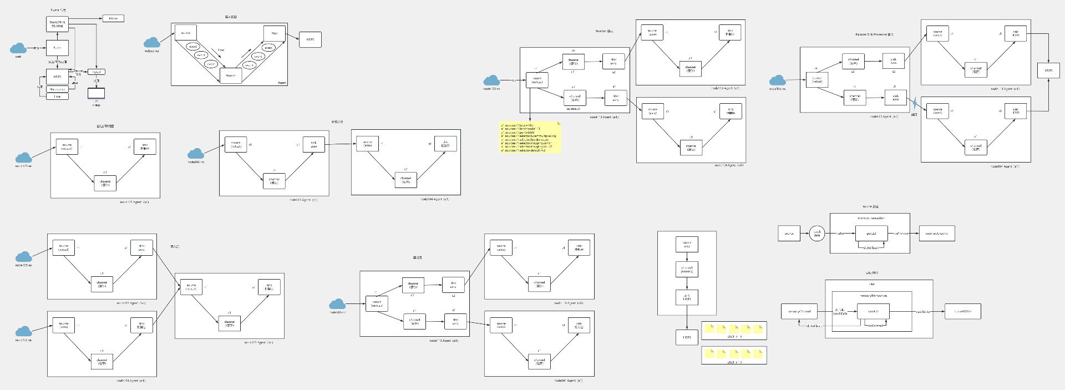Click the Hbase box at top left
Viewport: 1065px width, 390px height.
[x=113, y=18]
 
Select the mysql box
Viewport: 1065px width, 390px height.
[x=97, y=72]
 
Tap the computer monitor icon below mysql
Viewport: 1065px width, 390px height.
[x=96, y=93]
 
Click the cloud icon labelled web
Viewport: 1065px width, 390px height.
[x=18, y=48]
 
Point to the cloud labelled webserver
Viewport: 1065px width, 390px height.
[x=151, y=43]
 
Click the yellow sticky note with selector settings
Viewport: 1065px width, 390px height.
[x=530, y=137]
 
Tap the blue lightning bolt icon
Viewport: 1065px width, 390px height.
[x=915, y=103]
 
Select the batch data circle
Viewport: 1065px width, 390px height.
[x=816, y=234]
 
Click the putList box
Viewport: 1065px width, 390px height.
[x=871, y=234]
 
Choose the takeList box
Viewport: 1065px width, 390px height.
[x=873, y=311]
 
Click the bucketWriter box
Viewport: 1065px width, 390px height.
[x=962, y=311]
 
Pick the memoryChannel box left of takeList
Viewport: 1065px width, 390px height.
[x=799, y=311]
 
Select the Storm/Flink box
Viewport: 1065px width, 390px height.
[x=57, y=24]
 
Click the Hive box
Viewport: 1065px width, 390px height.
[x=57, y=97]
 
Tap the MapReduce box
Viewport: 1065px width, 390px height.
[x=57, y=89]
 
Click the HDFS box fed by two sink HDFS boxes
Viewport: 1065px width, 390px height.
[x=1048, y=70]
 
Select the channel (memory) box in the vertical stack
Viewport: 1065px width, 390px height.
[x=687, y=269]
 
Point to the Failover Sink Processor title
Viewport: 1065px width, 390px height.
[x=874, y=34]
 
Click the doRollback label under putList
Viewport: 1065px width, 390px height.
[x=871, y=247]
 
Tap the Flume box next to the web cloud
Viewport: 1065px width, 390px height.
[x=57, y=48]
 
